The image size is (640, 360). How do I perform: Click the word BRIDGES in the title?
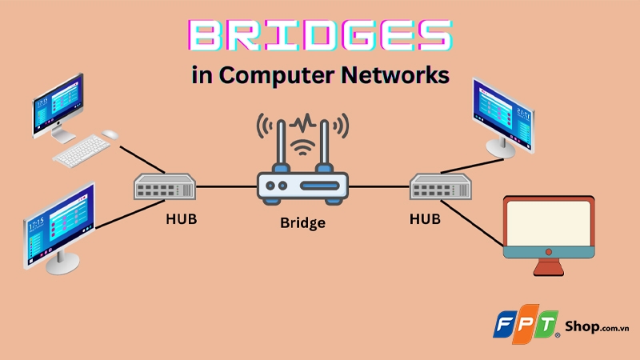[319, 37]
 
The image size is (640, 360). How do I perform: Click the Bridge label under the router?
[302, 222]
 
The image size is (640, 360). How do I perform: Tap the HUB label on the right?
[424, 217]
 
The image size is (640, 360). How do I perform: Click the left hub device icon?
[165, 188]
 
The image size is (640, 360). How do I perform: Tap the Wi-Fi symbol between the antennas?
[302, 149]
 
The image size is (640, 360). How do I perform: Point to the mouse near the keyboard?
[110, 134]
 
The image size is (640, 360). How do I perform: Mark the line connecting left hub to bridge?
[226, 188]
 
